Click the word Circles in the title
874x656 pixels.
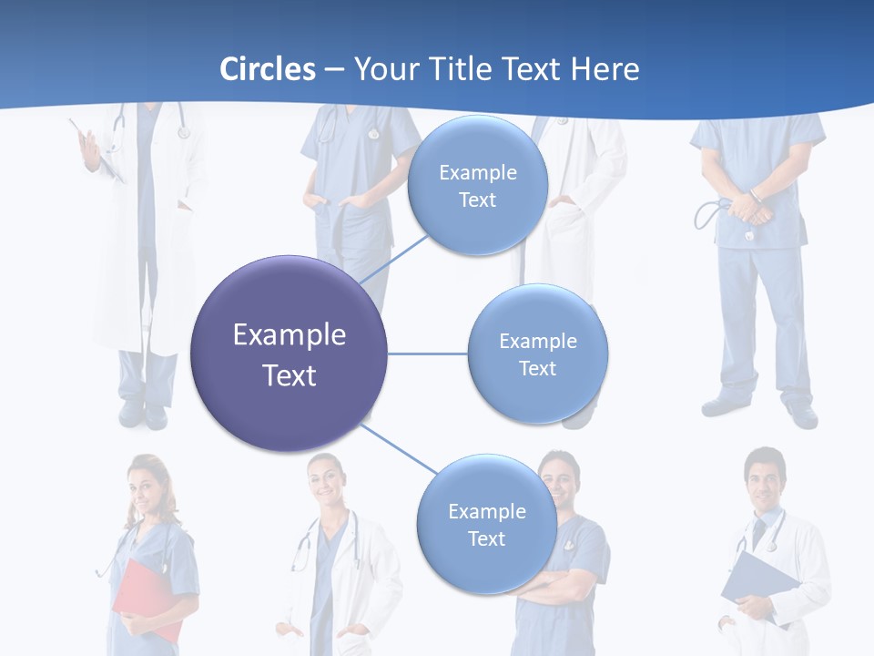pyautogui.click(x=268, y=69)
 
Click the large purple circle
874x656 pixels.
pyautogui.click(x=289, y=354)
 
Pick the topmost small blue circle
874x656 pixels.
pyautogui.click(x=477, y=186)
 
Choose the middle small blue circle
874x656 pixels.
pyautogui.click(x=537, y=354)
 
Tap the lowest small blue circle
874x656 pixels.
pyautogui.click(x=486, y=525)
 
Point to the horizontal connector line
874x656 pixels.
pyautogui.click(x=427, y=354)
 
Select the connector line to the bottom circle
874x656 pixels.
pyautogui.click(x=399, y=449)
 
